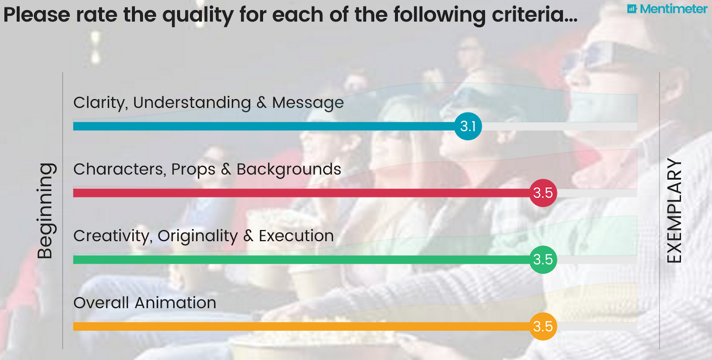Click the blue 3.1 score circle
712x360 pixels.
[468, 126]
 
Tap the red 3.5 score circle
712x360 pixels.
[543, 193]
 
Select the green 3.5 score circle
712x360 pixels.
[543, 259]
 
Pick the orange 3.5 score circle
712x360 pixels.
[543, 326]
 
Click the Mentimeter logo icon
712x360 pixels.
[632, 8]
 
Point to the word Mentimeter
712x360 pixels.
[674, 9]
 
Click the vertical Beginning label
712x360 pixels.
[46, 210]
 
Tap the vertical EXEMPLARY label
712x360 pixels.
[674, 210]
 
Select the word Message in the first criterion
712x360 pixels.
[307, 103]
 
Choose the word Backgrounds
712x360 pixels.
[289, 170]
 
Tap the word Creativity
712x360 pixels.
[111, 236]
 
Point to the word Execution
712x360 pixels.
[296, 236]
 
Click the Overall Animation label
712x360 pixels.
[145, 303]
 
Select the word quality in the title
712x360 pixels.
[198, 15]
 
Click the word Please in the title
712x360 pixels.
[36, 15]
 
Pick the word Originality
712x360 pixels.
[198, 236]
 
